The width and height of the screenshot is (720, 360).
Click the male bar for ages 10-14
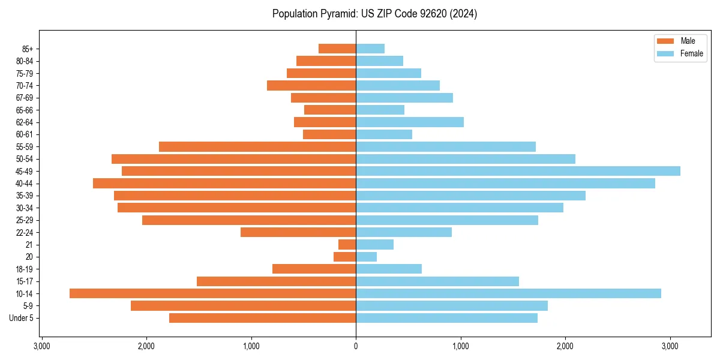[212, 293]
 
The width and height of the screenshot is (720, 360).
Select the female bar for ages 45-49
[518, 171]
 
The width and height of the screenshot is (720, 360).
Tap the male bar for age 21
[347, 244]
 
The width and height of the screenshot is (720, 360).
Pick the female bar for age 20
[367, 257]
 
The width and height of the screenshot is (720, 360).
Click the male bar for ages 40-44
[224, 183]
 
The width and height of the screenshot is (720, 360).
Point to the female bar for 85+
[370, 49]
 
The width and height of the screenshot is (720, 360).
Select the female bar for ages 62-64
[410, 122]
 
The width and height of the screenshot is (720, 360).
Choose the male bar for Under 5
[262, 318]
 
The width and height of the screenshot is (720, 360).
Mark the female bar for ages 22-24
[404, 232]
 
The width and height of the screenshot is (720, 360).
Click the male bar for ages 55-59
[257, 146]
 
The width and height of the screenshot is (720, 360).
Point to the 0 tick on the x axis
[356, 346]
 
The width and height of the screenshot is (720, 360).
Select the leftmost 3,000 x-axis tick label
[41, 346]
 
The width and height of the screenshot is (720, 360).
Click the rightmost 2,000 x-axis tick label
[565, 346]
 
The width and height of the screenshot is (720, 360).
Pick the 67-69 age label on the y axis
[25, 98]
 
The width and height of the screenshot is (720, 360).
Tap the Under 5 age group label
[22, 318]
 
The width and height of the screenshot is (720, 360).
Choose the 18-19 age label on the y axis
[25, 269]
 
